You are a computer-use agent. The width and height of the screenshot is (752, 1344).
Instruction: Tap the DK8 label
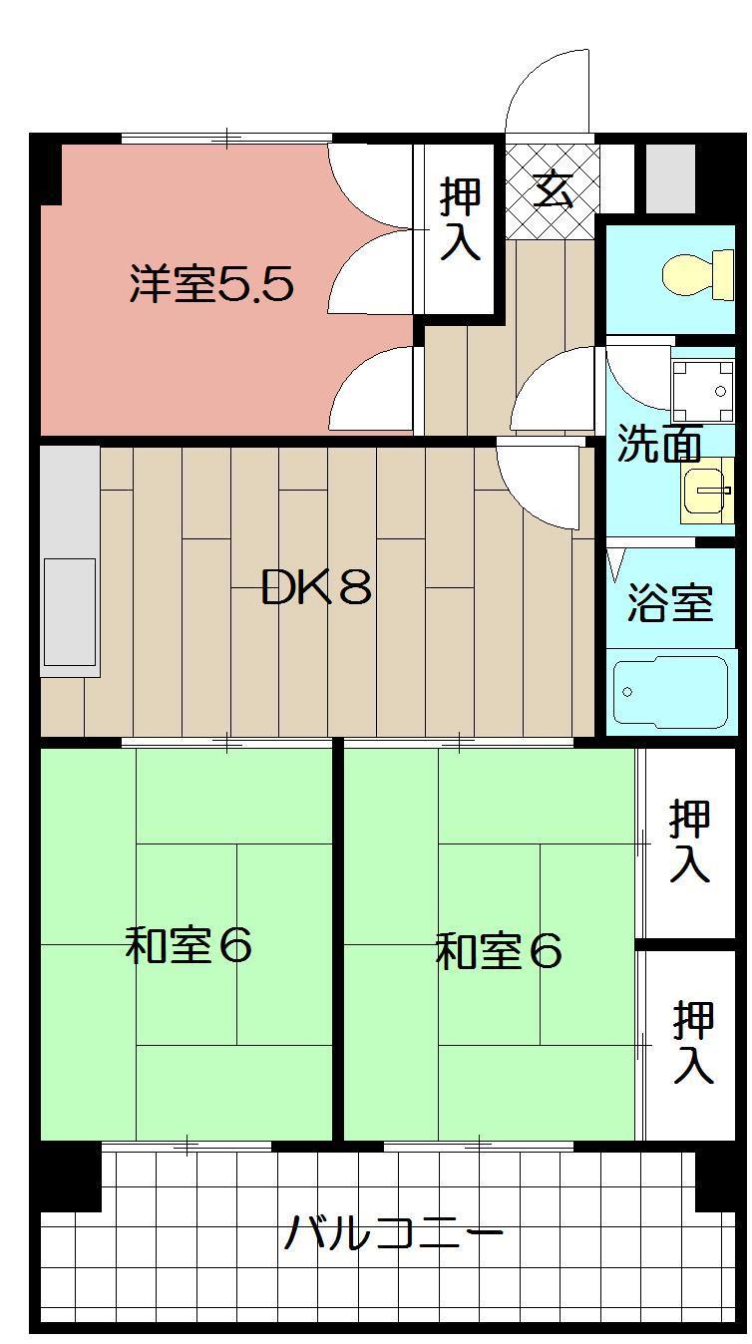[316, 588]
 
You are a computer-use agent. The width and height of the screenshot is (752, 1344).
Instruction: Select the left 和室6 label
[188, 945]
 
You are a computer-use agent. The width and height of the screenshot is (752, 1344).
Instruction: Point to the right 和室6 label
[499, 951]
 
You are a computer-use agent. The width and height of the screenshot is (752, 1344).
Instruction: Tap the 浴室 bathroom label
[669, 602]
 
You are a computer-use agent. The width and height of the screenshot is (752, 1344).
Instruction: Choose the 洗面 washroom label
[657, 444]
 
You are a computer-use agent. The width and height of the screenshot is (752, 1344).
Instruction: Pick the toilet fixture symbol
[699, 273]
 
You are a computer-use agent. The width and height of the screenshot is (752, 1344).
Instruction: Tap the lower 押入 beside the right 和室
[692, 1042]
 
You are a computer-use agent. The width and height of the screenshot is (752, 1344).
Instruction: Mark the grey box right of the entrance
[669, 178]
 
